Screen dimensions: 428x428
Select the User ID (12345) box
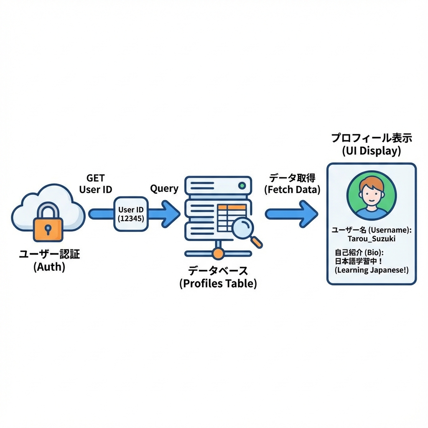click(x=131, y=214)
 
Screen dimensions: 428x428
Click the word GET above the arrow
click(x=95, y=178)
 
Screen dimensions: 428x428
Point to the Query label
click(x=164, y=189)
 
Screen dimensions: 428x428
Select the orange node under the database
click(x=218, y=253)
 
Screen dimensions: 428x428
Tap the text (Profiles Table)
click(x=218, y=283)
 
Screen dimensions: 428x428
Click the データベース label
click(x=218, y=270)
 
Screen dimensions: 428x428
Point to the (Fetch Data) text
click(x=292, y=189)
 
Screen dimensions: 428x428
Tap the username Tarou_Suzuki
click(x=371, y=238)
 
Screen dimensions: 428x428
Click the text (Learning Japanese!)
click(x=371, y=270)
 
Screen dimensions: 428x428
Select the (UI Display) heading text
click(x=371, y=151)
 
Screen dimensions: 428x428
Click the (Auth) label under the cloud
click(x=49, y=267)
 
